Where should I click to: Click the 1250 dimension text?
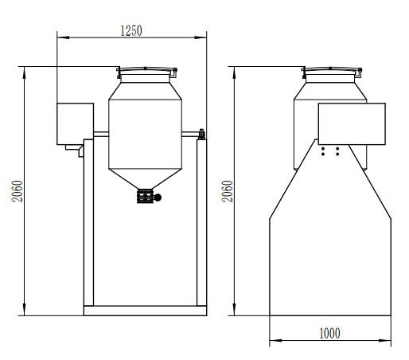(x=130, y=30)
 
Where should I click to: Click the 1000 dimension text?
(x=329, y=333)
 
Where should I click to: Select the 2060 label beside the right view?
(x=227, y=190)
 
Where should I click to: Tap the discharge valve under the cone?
(x=145, y=197)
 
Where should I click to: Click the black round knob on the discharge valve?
(x=157, y=197)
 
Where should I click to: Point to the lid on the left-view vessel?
(x=144, y=72)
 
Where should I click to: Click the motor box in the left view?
(x=74, y=123)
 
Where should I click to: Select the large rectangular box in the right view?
(x=352, y=123)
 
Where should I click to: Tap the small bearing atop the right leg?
(x=202, y=134)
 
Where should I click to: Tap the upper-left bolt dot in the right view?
(x=322, y=147)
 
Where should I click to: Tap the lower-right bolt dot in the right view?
(x=337, y=153)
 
